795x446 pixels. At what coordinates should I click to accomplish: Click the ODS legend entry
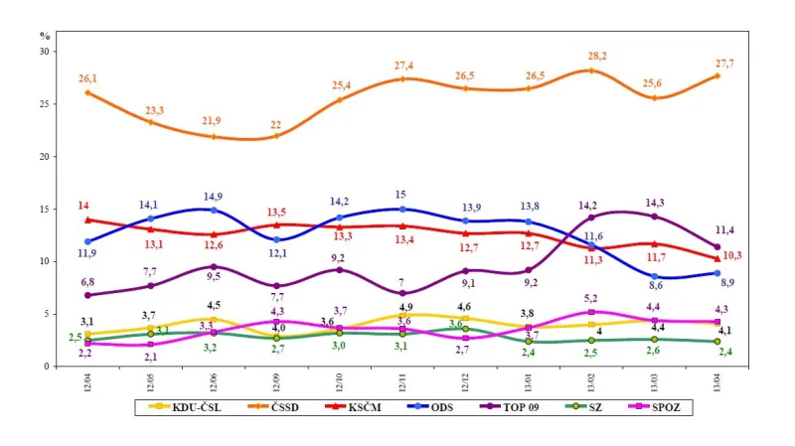pos(430,406)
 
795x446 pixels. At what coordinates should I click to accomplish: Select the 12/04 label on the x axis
pos(88,381)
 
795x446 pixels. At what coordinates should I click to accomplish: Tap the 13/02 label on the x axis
pos(591,381)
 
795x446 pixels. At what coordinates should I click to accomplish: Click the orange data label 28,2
pos(598,57)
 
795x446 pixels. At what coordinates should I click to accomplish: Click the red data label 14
pos(83,205)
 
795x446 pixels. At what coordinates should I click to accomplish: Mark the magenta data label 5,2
pos(591,298)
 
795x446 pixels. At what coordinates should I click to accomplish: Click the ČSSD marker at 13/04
pos(717,75)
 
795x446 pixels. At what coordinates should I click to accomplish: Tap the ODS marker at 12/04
pos(88,241)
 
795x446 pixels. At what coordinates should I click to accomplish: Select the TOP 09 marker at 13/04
pos(717,246)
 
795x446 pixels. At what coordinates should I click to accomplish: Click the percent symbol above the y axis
pos(45,35)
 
